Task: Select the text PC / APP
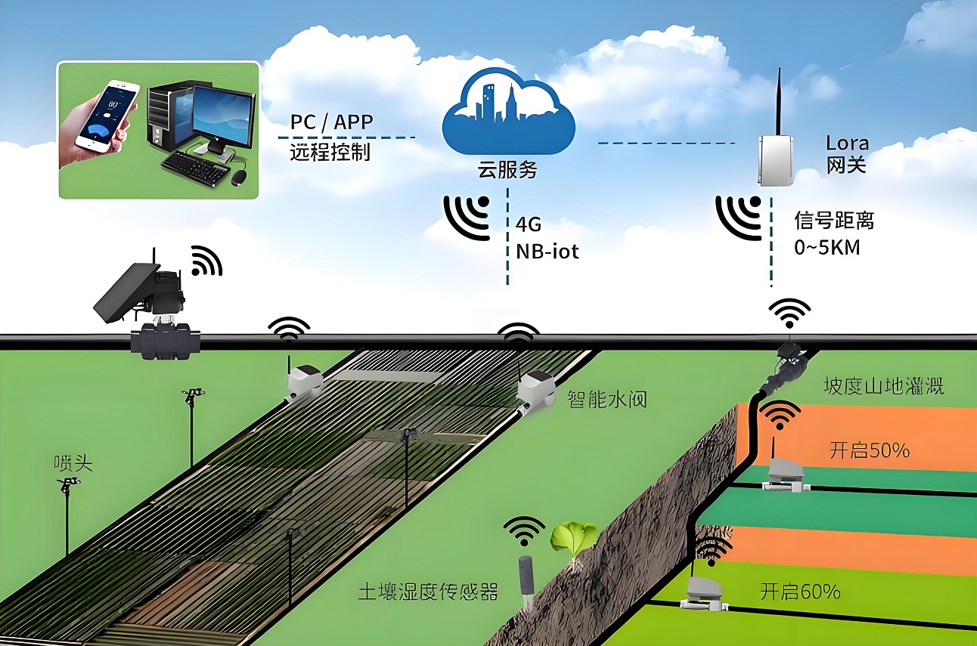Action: pos(331,122)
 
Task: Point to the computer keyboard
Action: pos(195,168)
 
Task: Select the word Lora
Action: pos(847,143)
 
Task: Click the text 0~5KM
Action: pos(827,247)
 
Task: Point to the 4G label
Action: pos(529,225)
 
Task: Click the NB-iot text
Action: pos(547,251)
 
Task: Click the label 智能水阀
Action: pos(607,399)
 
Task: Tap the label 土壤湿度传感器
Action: pos(428,592)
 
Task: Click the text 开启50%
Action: pos(870,450)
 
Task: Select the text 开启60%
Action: pos(800,591)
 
